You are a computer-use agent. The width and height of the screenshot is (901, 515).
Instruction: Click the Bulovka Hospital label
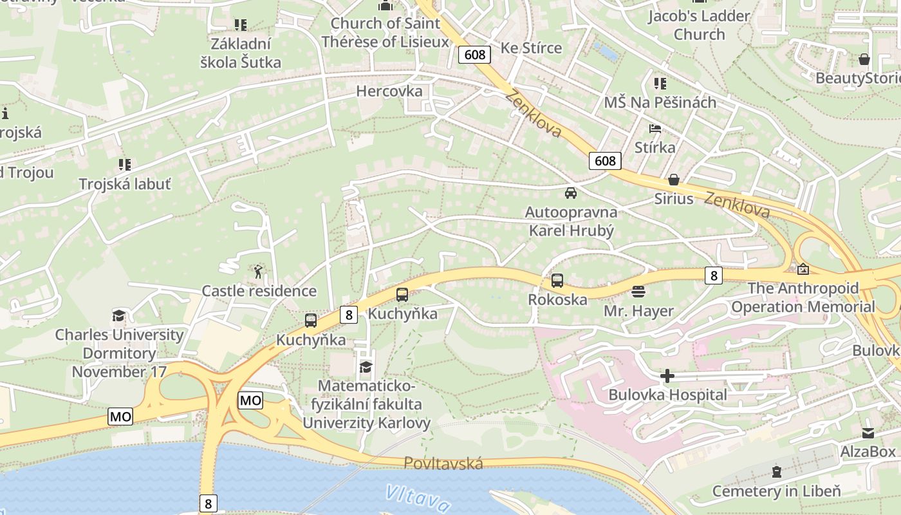(x=667, y=395)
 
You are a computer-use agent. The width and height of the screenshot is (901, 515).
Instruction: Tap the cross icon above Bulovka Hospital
(x=667, y=376)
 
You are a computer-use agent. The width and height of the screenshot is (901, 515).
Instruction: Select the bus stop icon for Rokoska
(x=557, y=281)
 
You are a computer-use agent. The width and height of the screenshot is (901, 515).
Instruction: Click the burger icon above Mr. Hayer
(x=638, y=292)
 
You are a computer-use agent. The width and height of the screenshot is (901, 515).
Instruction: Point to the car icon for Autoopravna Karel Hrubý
(x=571, y=193)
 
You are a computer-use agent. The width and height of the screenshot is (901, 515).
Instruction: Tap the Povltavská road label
(x=443, y=463)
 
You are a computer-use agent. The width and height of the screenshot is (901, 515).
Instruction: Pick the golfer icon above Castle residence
(x=259, y=272)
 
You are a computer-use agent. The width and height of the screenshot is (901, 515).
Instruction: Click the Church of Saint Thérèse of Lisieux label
(x=385, y=33)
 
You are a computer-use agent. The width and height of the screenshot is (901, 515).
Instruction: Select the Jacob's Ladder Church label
(x=699, y=25)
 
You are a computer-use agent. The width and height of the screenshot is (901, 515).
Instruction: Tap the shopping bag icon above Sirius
(x=674, y=180)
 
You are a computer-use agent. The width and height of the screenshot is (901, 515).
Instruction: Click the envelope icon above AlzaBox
(x=868, y=433)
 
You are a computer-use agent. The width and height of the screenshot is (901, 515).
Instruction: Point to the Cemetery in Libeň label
(x=776, y=491)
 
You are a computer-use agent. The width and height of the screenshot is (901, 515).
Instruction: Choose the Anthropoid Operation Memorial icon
(x=803, y=269)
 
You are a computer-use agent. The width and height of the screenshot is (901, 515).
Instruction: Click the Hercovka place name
(x=389, y=91)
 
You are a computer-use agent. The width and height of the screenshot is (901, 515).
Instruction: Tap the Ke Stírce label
(x=531, y=48)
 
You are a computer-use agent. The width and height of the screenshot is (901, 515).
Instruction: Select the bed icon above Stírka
(x=655, y=129)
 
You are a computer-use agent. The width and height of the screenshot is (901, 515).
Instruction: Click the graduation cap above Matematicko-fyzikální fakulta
(x=366, y=367)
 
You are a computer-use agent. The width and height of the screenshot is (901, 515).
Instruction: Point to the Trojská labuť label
(x=125, y=184)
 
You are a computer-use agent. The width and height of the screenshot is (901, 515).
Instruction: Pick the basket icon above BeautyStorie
(x=864, y=59)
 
